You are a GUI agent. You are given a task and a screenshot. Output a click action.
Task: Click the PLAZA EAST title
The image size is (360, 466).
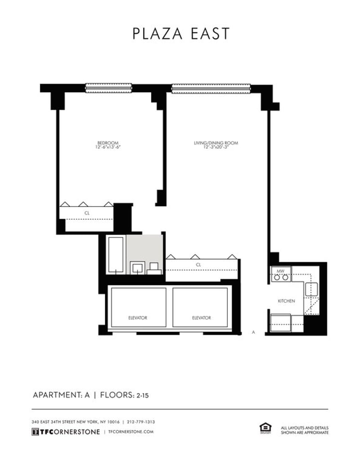181,34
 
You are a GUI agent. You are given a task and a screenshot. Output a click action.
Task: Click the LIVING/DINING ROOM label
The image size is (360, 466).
216,143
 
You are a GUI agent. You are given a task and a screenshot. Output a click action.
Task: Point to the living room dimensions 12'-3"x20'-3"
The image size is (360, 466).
216,147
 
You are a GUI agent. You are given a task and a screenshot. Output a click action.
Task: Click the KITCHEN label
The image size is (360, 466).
286,301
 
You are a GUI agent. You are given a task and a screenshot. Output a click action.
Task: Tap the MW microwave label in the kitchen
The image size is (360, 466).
280,271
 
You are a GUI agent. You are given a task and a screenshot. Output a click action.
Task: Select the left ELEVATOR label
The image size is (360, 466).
137,318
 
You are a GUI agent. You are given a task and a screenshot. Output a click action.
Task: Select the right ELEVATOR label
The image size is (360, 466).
201,318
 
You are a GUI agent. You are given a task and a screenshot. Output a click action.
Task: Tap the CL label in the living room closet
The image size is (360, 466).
198,265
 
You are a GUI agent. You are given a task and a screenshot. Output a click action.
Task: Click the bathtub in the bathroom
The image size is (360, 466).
116,255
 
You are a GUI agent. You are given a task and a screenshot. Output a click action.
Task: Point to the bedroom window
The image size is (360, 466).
108,88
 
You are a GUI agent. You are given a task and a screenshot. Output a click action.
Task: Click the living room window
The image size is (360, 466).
211,88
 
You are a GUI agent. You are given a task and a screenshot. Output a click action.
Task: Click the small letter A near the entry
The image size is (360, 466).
254,332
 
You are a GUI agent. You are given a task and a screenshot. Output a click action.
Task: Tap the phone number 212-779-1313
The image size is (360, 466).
140,422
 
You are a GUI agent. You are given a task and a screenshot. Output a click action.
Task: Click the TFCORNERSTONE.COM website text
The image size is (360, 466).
131,431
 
